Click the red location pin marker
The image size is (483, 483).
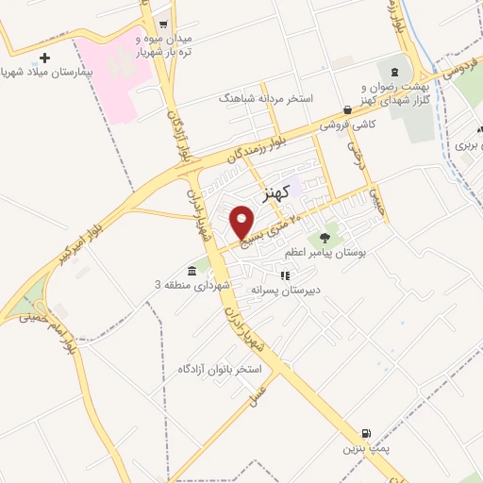tap(242, 222)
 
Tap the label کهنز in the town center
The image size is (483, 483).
tap(269, 192)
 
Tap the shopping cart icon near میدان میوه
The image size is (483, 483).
tap(163, 25)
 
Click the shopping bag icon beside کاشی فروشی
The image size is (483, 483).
tap(347, 109)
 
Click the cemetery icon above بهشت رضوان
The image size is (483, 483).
tap(393, 73)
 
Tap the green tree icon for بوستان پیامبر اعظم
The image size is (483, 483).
tap(325, 239)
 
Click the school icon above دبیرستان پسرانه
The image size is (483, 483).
tap(284, 275)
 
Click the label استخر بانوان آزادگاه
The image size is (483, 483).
tap(218, 367)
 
